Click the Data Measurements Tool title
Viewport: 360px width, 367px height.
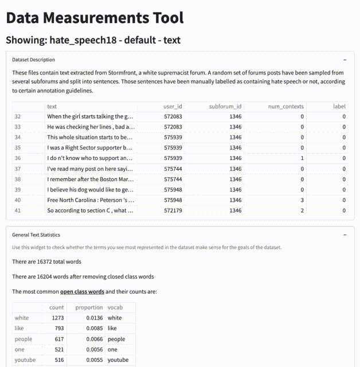pyautogui.click(x=95, y=17)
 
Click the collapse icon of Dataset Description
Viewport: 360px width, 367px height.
pyautogui.click(x=345, y=60)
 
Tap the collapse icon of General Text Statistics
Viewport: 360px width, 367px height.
pyautogui.click(x=345, y=235)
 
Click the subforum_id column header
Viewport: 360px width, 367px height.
pyautogui.click(x=225, y=107)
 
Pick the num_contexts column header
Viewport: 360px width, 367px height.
pyautogui.click(x=285, y=107)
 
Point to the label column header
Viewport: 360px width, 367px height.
pyautogui.click(x=339, y=107)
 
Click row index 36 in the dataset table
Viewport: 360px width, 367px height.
pyautogui.click(x=18, y=158)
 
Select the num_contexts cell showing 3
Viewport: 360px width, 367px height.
pyautogui.click(x=302, y=200)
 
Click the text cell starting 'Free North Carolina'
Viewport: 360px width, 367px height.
pyautogui.click(x=91, y=200)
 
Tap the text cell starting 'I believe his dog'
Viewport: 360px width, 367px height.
pyautogui.click(x=91, y=190)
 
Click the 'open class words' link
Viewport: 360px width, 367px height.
pyautogui.click(x=82, y=291)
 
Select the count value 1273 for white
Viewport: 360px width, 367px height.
pyautogui.click(x=56, y=318)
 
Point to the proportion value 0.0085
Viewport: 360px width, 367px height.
pyautogui.click(x=93, y=329)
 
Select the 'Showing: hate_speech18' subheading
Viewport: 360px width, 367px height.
pyautogui.click(x=93, y=40)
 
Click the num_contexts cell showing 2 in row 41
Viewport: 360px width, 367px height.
pyautogui.click(x=302, y=210)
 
